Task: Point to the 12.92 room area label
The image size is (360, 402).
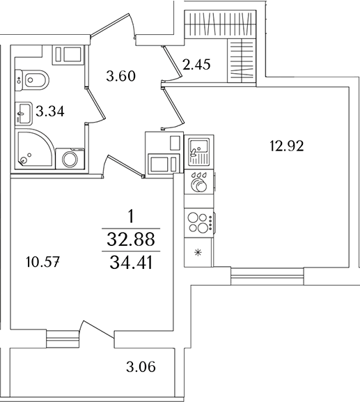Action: tap(287, 146)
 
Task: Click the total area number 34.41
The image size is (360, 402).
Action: tap(131, 263)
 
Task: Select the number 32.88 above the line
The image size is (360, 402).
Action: tap(131, 240)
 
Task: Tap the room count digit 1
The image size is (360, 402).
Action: tap(131, 218)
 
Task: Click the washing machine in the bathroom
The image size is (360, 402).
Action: tap(70, 158)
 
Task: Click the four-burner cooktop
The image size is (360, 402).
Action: tap(199, 222)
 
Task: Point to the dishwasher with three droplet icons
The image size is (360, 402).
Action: tap(200, 182)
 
